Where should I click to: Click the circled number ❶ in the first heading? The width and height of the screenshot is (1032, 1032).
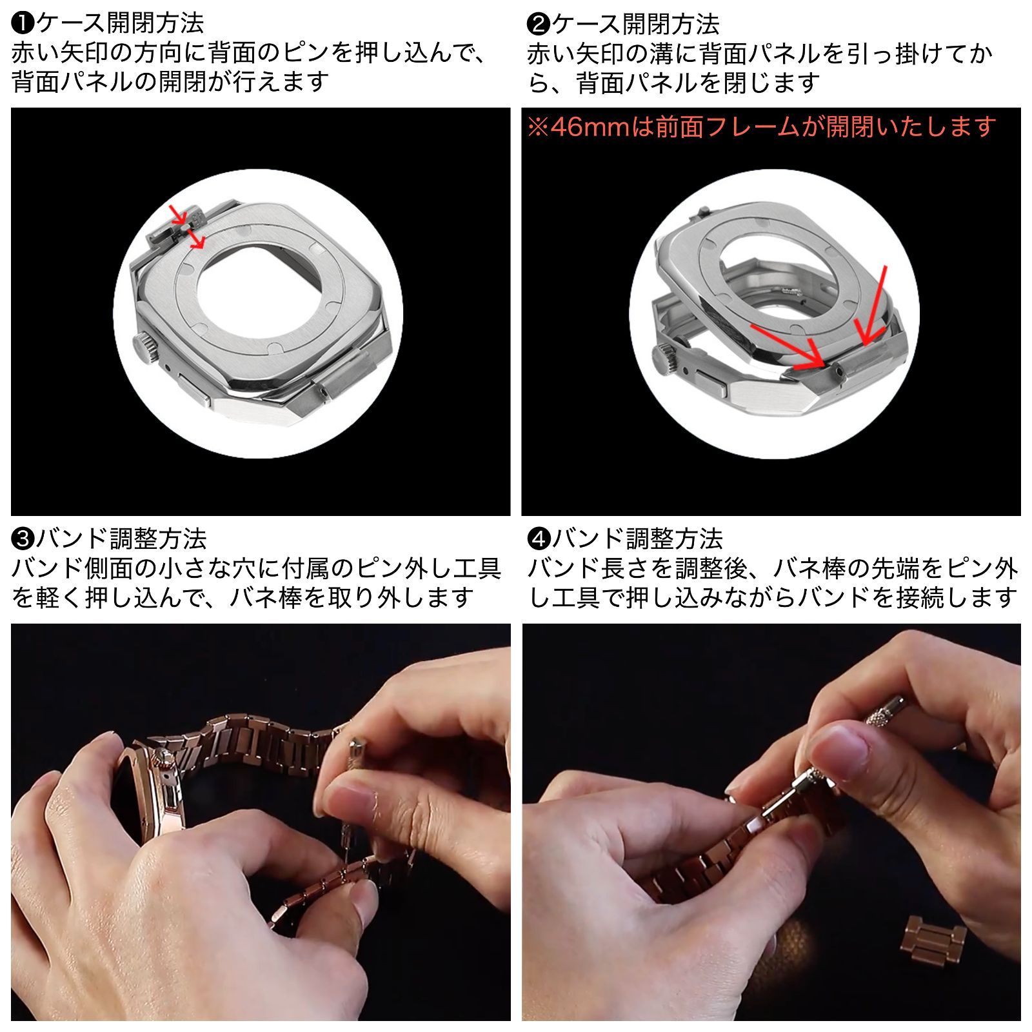(23, 24)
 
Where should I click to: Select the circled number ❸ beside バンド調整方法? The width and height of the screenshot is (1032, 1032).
(23, 538)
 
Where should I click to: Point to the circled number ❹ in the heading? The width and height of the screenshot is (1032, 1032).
(538, 538)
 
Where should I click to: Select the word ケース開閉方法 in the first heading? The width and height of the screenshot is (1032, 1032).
(120, 24)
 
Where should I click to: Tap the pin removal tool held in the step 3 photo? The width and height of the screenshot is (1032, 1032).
(353, 761)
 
